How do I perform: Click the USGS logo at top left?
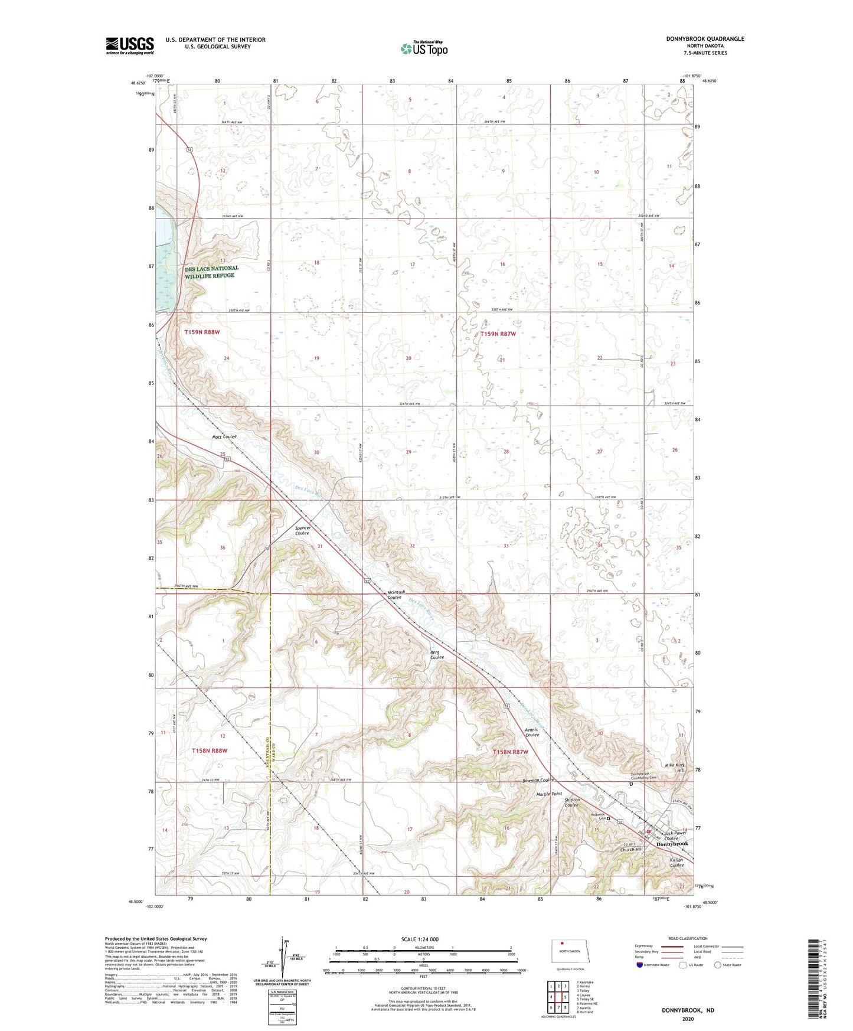point(130,45)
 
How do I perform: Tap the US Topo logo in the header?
point(424,48)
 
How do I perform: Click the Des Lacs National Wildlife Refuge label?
point(212,272)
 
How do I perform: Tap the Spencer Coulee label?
point(303,530)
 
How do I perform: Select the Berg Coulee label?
point(437,655)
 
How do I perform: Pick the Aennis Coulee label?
point(532,732)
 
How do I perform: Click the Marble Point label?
point(549,794)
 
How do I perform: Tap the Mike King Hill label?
point(675,768)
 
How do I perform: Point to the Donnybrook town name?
point(673,844)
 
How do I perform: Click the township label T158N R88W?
point(210,751)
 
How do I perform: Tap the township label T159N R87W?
point(498,334)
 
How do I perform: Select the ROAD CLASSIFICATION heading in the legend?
point(689,938)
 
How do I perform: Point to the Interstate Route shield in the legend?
point(640,965)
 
